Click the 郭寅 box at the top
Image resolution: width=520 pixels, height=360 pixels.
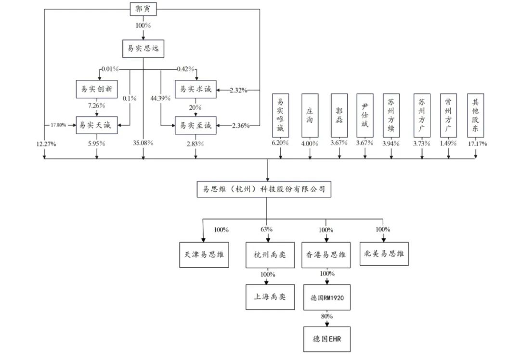pyautogui.click(x=143, y=9)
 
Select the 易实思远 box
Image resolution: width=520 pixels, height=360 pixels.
pyautogui.click(x=143, y=49)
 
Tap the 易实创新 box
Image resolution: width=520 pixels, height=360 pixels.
pyautogui.click(x=97, y=89)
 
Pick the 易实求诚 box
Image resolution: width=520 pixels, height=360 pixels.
pyautogui.click(x=195, y=89)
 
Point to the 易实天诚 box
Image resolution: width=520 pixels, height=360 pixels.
pyautogui.click(x=97, y=125)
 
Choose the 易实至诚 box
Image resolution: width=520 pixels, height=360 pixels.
pyautogui.click(x=195, y=125)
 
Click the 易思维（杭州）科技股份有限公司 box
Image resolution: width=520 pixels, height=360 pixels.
pyautogui.click(x=264, y=189)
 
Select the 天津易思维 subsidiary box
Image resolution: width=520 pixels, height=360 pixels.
pyautogui.click(x=204, y=255)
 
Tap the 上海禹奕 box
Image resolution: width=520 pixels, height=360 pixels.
pyautogui.click(x=270, y=297)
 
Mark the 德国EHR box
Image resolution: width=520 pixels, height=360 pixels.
pyautogui.click(x=327, y=339)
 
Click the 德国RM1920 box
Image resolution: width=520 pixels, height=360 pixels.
pyautogui.click(x=327, y=297)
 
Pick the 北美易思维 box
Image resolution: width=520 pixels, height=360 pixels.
pyautogui.click(x=384, y=254)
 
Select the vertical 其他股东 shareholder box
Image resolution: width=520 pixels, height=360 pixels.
pyautogui.click(x=476, y=116)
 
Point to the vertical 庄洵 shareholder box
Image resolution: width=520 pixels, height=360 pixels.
pyautogui.click(x=310, y=116)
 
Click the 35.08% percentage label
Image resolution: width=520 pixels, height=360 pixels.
pyautogui.click(x=143, y=143)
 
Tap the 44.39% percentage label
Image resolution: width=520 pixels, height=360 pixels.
pyautogui.click(x=160, y=98)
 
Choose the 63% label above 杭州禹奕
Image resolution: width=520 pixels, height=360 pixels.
pyautogui.click(x=267, y=229)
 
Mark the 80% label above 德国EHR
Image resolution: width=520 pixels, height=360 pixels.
pyautogui.click(x=327, y=316)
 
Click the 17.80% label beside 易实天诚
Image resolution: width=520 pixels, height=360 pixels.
pyautogui.click(x=58, y=125)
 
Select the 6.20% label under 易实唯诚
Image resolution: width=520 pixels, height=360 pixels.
pyautogui.click(x=280, y=143)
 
